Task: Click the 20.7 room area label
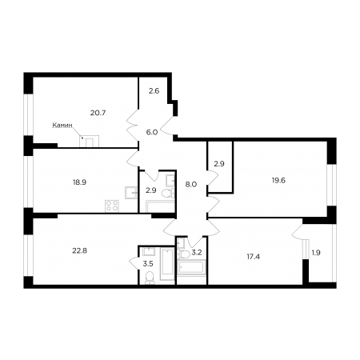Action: (x=98, y=113)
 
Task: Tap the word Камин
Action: (x=62, y=125)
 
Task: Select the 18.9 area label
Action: (x=79, y=182)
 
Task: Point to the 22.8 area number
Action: (x=80, y=250)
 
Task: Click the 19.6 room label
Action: (x=278, y=181)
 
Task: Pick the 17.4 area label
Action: (x=253, y=257)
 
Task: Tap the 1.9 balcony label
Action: (x=316, y=253)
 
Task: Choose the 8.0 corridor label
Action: (x=191, y=184)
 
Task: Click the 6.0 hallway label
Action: (x=152, y=132)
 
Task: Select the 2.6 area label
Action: (x=154, y=91)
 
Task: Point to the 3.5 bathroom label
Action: (x=148, y=264)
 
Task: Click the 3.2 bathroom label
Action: (x=197, y=252)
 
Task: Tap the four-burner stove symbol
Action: (x=112, y=206)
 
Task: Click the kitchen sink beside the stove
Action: (x=131, y=193)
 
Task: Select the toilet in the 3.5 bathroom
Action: (x=150, y=278)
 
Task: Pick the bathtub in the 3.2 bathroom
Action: (x=191, y=267)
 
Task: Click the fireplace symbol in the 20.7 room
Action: (x=89, y=141)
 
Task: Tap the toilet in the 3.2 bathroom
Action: (x=183, y=254)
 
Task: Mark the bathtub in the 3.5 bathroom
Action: (x=167, y=264)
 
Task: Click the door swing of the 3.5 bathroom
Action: (x=134, y=264)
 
